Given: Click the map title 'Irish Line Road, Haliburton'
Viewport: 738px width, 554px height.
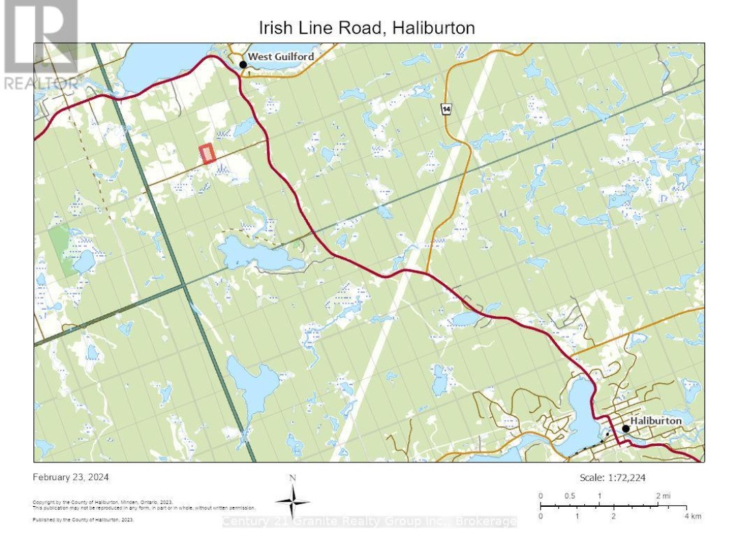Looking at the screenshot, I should tap(366, 28).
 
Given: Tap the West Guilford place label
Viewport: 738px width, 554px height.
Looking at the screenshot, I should tap(281, 57).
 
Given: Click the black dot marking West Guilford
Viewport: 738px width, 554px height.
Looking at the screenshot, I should tap(243, 64).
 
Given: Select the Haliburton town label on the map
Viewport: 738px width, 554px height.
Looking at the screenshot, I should tap(655, 421).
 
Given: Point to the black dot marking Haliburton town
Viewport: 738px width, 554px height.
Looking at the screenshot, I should tap(625, 429).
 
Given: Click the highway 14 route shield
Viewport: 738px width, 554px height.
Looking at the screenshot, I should tap(446, 109).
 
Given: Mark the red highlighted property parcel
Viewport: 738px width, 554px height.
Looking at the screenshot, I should tap(207, 154).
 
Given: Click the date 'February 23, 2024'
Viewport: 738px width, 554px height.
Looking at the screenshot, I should tap(71, 477).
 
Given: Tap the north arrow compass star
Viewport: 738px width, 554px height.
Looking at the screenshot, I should tap(292, 502).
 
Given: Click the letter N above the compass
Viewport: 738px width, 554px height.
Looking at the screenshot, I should tap(292, 478).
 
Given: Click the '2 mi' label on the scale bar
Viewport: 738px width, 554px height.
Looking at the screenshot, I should tap(663, 496).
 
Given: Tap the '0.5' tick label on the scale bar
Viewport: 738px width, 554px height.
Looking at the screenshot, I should tap(570, 496).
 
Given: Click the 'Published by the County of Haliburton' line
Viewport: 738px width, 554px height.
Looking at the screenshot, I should tap(83, 520).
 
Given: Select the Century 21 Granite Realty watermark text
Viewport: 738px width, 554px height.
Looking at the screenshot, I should tap(369, 522).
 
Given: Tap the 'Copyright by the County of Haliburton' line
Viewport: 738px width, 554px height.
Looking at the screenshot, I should tap(102, 502).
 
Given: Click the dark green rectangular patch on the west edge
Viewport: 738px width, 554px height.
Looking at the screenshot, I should tap(62, 250).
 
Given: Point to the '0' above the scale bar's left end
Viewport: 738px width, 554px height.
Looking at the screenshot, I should tap(540, 496).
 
